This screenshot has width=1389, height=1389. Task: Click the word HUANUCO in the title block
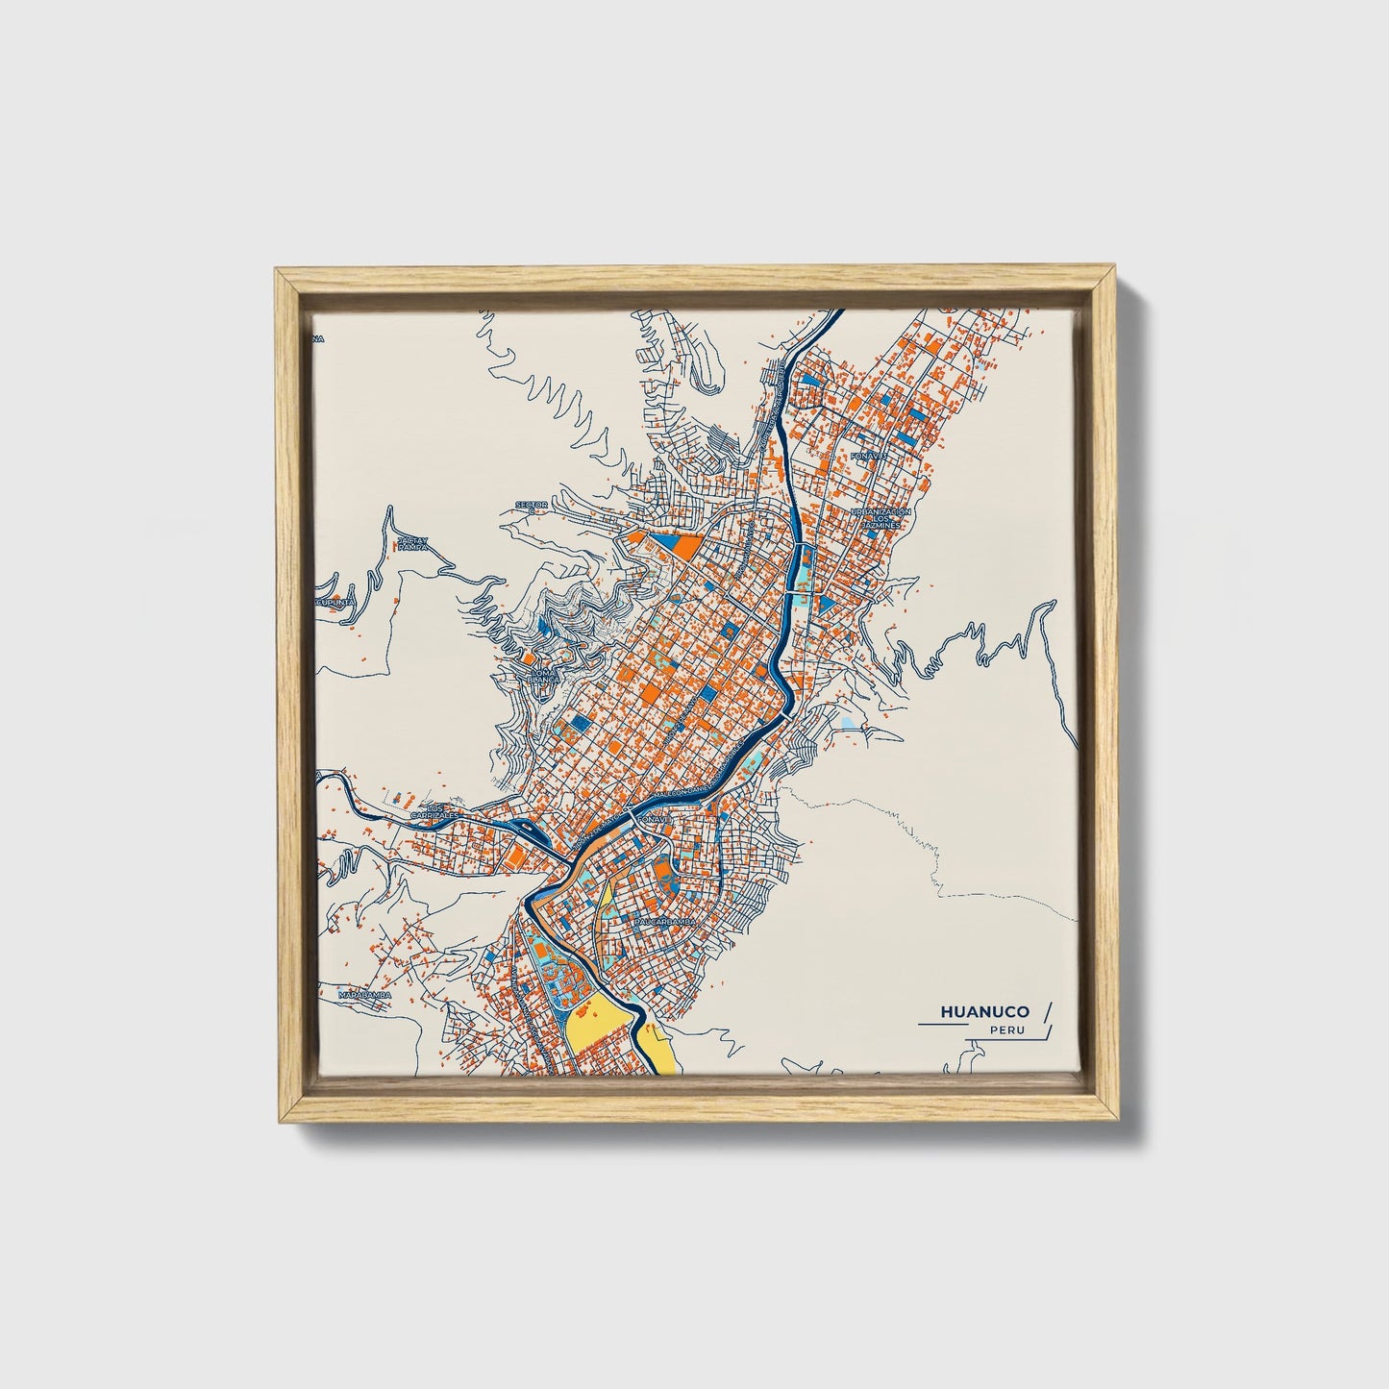(984, 1011)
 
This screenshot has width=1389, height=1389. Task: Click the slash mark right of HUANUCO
(1047, 1011)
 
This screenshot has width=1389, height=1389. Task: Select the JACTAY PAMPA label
(411, 543)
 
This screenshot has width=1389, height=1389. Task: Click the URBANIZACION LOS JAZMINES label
(879, 519)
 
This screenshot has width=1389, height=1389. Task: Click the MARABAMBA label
(365, 995)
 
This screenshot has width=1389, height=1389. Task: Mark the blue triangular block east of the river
(826, 604)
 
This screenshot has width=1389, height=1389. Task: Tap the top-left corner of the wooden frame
(277, 273)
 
